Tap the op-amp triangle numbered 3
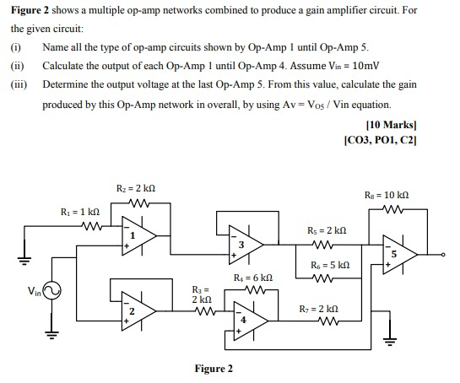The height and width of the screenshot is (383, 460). pos(242,244)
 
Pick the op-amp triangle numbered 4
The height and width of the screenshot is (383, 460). pos(242,319)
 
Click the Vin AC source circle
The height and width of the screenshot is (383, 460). pos(51,292)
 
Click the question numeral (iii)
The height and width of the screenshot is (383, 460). pos(19,85)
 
